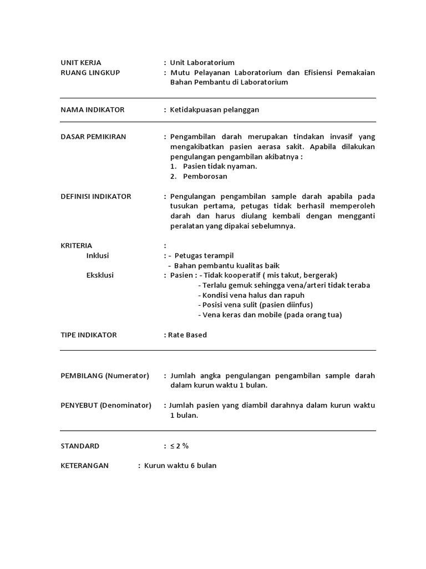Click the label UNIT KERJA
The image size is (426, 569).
[81, 63]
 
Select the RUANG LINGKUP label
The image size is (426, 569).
[90, 73]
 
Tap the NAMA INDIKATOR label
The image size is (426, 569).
[92, 109]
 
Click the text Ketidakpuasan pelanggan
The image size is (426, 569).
[215, 109]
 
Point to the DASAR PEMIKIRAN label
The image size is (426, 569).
[93, 137]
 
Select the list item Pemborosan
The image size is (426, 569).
[205, 176]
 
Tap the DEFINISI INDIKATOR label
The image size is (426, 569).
[96, 196]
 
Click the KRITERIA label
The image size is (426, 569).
[77, 245]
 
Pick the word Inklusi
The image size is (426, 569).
[98, 255]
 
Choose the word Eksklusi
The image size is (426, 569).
[100, 275]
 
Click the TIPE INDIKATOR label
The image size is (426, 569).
[89, 335]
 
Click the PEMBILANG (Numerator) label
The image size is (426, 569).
[105, 376]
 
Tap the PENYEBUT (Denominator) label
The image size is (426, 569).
[106, 405]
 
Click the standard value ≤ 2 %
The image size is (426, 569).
[179, 446]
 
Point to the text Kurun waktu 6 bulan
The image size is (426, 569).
[180, 466]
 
